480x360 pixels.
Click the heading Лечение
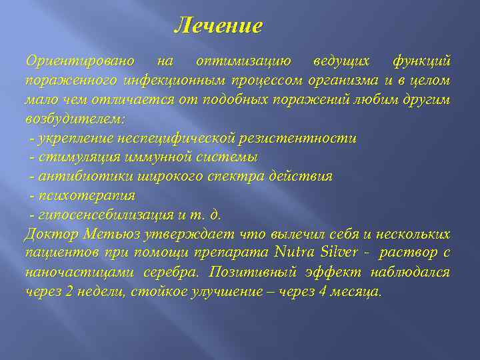click(x=218, y=26)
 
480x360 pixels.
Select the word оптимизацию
click(x=243, y=61)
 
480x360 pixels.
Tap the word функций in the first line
click(x=421, y=61)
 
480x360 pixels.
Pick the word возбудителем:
click(x=75, y=119)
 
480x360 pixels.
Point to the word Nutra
click(x=294, y=254)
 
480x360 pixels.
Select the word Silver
click(x=340, y=254)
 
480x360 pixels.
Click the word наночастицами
click(x=72, y=273)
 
